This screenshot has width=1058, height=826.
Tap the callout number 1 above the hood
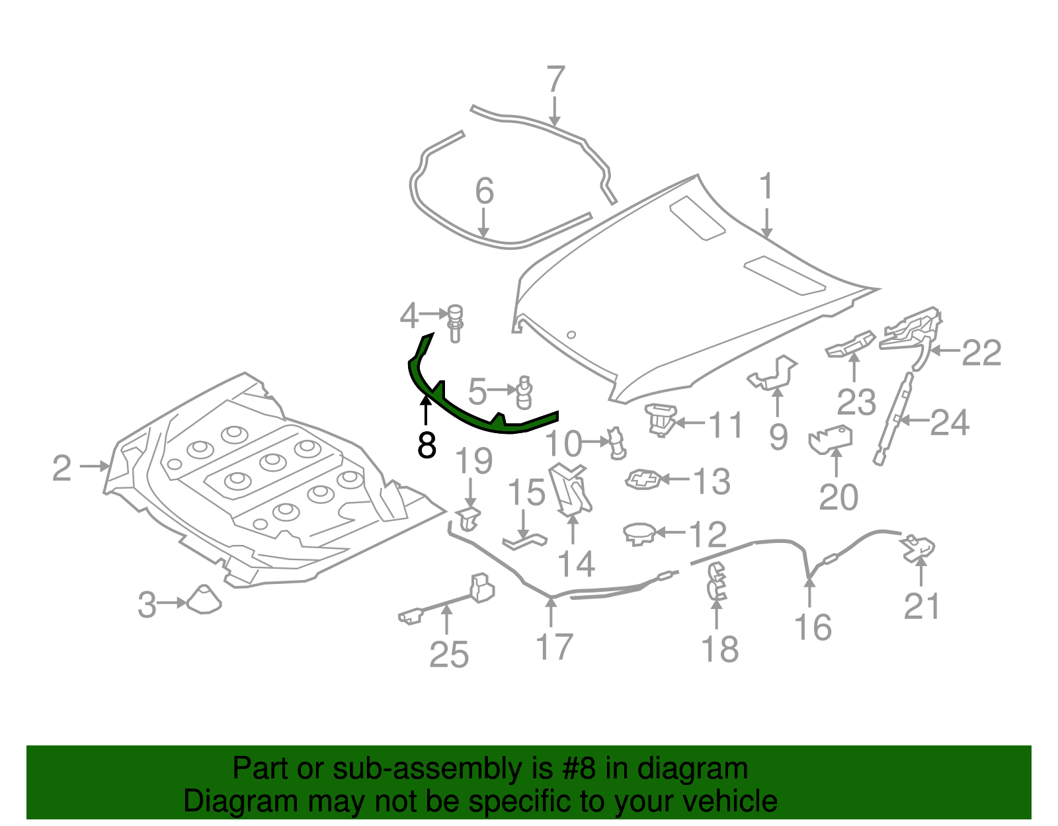pyautogui.click(x=766, y=187)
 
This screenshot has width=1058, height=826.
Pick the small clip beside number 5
pyautogui.click(x=524, y=393)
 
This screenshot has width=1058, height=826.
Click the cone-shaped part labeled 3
pyautogui.click(x=204, y=599)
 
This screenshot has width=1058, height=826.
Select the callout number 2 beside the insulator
pyautogui.click(x=61, y=468)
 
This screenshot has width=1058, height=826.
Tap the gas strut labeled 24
pyautogui.click(x=895, y=418)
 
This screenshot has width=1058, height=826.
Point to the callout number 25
pyautogui.click(x=449, y=655)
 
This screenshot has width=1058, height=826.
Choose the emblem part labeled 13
pyautogui.click(x=643, y=479)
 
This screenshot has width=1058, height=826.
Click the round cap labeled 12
pyautogui.click(x=639, y=532)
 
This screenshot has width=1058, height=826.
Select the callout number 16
pyautogui.click(x=813, y=627)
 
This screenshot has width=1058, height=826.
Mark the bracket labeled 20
pyautogui.click(x=831, y=439)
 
